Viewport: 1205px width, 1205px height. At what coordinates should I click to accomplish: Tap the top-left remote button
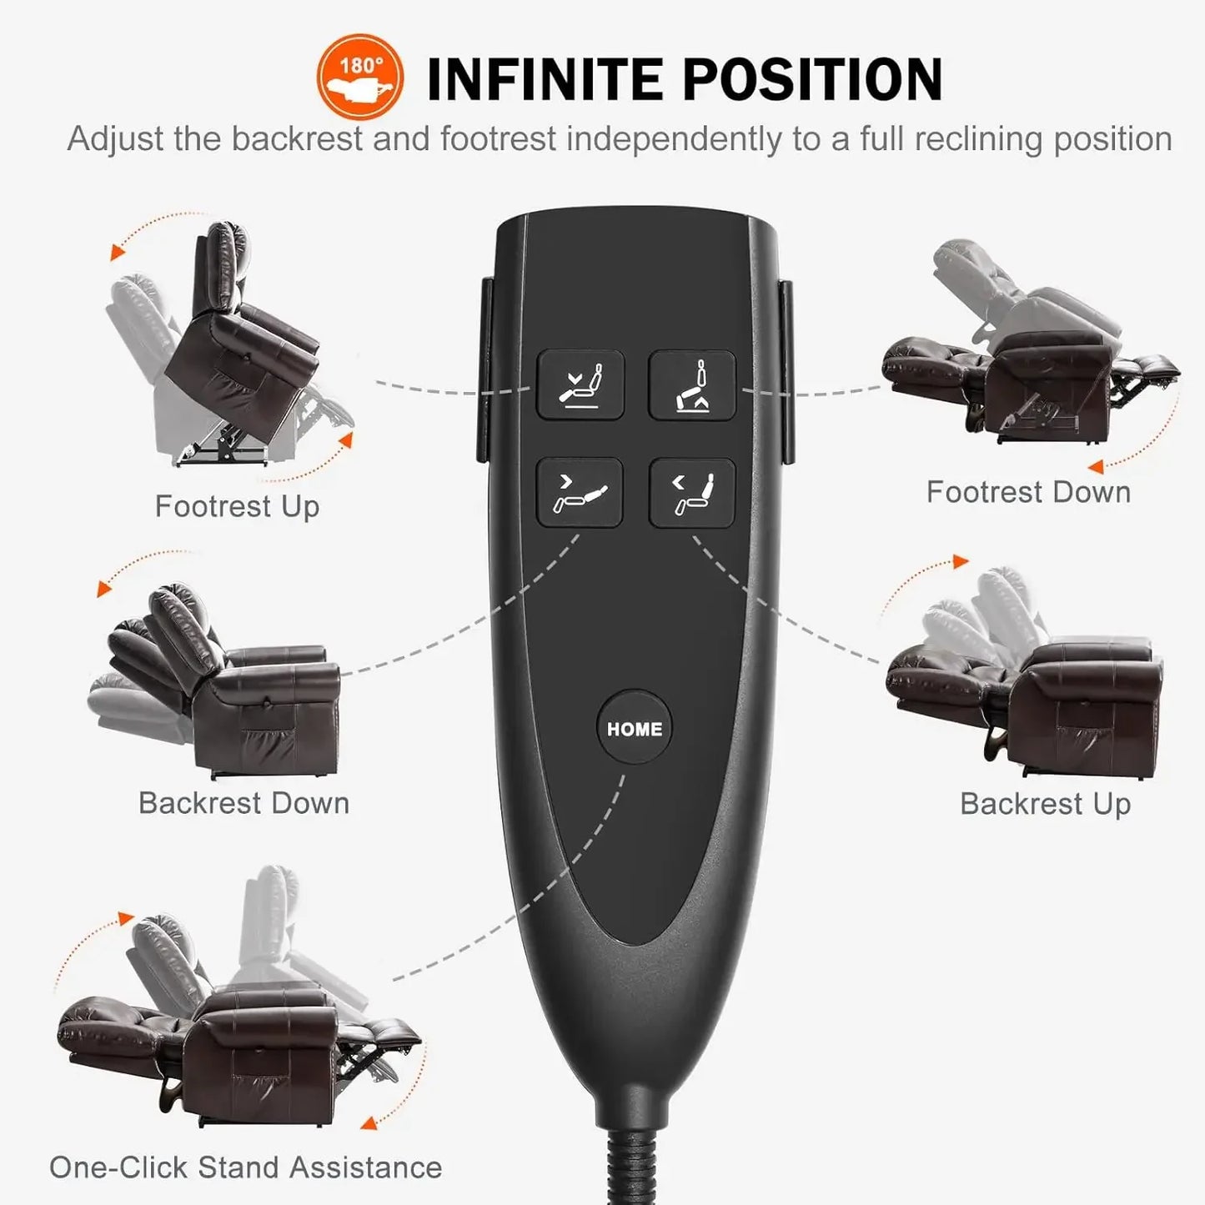(x=580, y=384)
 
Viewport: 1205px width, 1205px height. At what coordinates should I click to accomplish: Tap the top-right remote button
(x=692, y=384)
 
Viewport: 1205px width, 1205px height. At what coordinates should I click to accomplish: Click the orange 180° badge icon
(x=359, y=77)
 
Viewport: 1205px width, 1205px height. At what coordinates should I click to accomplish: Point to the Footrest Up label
(x=237, y=506)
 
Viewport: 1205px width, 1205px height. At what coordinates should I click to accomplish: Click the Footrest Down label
(x=1028, y=492)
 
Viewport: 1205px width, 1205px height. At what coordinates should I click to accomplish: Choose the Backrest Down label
(x=244, y=803)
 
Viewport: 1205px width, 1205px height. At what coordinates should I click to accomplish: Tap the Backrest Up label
(x=1045, y=804)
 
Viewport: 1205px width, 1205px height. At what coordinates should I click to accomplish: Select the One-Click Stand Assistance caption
(x=245, y=1167)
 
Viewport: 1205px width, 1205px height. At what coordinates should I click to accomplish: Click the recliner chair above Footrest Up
(x=233, y=342)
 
